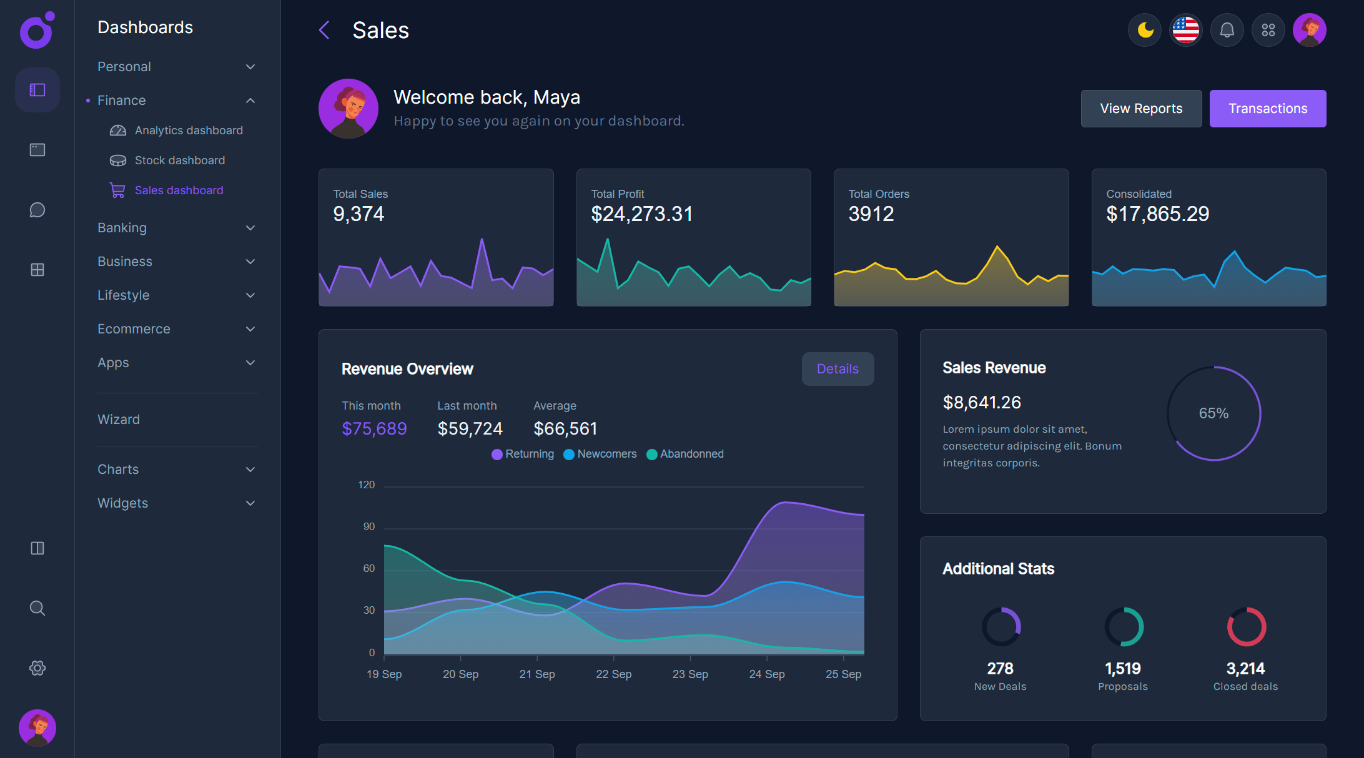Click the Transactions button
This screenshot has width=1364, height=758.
(1267, 109)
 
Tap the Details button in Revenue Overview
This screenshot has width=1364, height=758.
(837, 369)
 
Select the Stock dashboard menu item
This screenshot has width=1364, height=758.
(179, 160)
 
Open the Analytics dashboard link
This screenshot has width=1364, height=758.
(188, 130)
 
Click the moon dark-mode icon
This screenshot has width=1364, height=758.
(1144, 30)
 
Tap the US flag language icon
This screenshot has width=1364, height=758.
(1185, 30)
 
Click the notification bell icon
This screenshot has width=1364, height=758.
(1227, 30)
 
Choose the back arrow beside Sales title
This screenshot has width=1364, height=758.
(324, 30)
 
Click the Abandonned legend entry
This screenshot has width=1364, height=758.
(691, 454)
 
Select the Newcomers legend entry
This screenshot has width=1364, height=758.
(606, 454)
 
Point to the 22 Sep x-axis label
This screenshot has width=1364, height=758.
(613, 674)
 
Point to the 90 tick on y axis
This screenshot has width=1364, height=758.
(369, 527)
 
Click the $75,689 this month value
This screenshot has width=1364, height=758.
(374, 429)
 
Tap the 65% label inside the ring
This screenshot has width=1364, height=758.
(1213, 413)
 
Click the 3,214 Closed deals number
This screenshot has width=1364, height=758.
(1245, 669)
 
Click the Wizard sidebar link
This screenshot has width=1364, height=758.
(119, 420)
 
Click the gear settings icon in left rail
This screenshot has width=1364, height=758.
(37, 668)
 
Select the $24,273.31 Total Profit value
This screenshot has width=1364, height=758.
(641, 214)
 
